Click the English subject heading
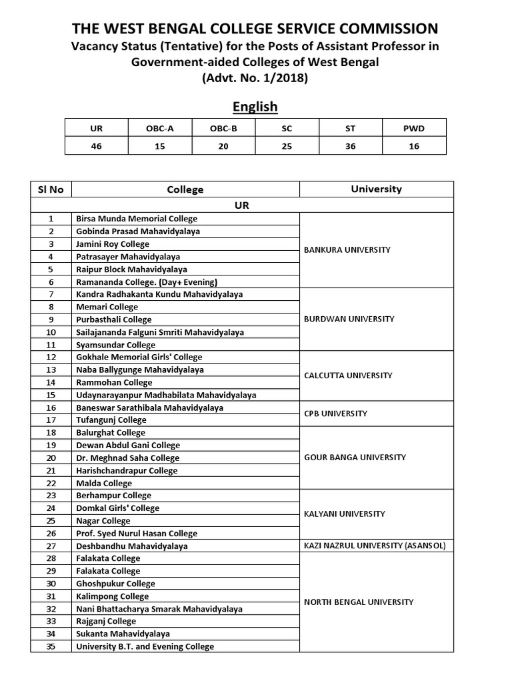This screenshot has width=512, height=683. [255, 107]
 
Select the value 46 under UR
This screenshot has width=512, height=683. [97, 146]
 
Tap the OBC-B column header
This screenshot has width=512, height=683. [223, 128]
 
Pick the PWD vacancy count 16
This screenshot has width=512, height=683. [414, 146]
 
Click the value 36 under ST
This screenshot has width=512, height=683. [351, 146]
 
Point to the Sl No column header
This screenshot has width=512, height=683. [51, 189]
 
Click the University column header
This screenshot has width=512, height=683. [376, 189]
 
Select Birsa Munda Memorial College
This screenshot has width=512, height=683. [137, 219]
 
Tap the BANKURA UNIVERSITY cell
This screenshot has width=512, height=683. [347, 249]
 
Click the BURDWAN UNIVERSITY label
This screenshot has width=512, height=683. [349, 319]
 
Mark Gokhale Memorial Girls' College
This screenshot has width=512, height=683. [139, 358]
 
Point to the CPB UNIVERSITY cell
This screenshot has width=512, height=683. [335, 414]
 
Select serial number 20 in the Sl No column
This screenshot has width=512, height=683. [51, 458]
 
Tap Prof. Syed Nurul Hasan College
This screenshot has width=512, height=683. [137, 534]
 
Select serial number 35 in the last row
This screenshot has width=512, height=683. [51, 646]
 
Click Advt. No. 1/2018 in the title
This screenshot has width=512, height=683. [255, 77]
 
